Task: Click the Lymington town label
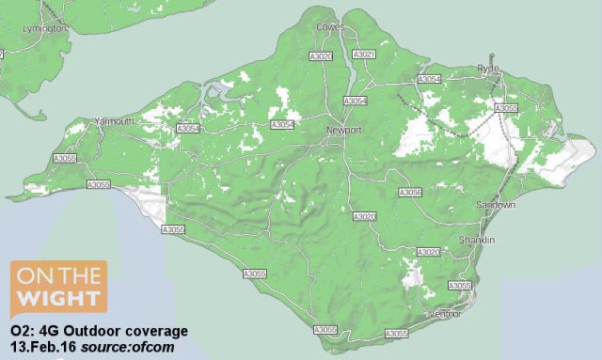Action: pyautogui.click(x=44, y=28)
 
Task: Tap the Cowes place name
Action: pyautogui.click(x=329, y=26)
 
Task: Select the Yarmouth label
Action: pyautogui.click(x=117, y=121)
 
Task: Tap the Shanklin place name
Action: pyautogui.click(x=475, y=241)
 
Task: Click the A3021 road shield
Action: pyautogui.click(x=364, y=56)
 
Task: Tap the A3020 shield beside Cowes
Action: pyautogui.click(x=322, y=57)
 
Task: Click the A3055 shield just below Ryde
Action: pyautogui.click(x=505, y=108)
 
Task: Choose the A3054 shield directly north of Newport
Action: pyautogui.click(x=356, y=101)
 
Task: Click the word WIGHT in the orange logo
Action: pyautogui.click(x=57, y=301)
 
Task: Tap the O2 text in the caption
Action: pyautogui.click(x=20, y=332)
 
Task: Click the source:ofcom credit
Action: pyautogui.click(x=120, y=348)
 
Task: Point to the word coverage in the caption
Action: pyautogui.click(x=156, y=332)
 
